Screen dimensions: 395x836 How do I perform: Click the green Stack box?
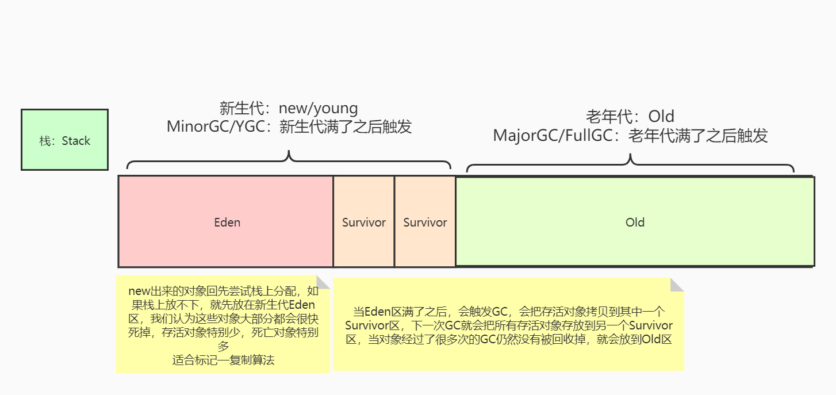click(x=64, y=140)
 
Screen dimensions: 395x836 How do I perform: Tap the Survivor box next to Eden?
click(x=363, y=241)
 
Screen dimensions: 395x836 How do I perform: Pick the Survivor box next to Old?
click(x=425, y=241)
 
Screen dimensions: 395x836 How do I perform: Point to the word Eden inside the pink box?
click(x=227, y=223)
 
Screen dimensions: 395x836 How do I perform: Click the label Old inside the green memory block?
click(x=635, y=223)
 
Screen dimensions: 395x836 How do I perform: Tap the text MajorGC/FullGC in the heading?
click(x=555, y=136)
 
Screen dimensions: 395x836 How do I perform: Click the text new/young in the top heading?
click(x=318, y=108)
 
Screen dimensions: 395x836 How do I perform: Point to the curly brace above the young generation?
click(x=289, y=161)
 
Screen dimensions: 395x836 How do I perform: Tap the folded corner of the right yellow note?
click(x=677, y=285)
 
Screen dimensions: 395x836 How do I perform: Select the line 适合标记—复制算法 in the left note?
click(x=223, y=361)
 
